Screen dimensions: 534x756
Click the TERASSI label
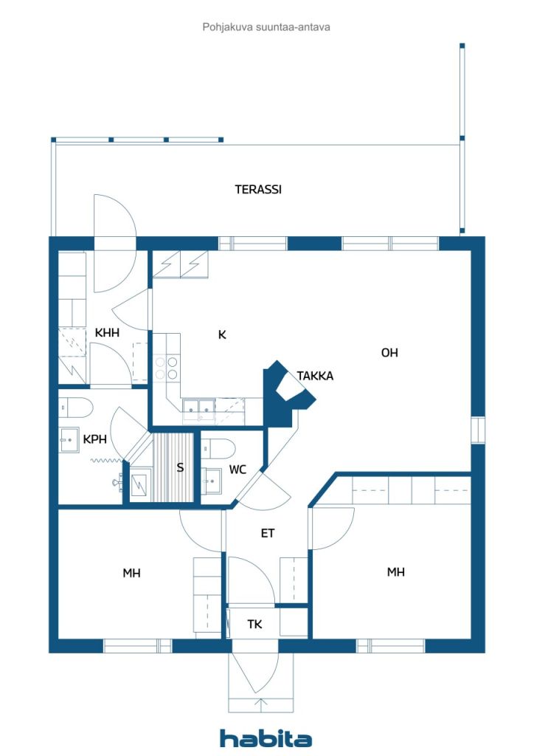pos(258,190)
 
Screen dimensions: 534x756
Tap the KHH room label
pos(107,333)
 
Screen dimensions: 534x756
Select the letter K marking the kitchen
pos(222,334)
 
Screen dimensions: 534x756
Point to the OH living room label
pos(389,353)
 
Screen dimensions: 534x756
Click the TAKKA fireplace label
pos(315,376)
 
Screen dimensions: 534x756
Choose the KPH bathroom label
pos(95,439)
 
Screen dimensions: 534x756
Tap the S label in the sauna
pos(180,467)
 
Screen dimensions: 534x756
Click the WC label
pos(237,469)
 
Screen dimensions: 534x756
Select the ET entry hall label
pos(267,533)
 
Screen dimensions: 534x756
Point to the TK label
pos(254,625)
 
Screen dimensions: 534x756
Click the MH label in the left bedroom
pos(131,573)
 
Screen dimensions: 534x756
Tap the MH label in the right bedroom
pos(396,572)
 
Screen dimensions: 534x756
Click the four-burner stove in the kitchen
pos(166,368)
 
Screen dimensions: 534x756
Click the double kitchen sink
pos(198,408)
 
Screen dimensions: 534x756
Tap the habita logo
pos(266,738)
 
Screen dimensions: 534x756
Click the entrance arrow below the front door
pos(260,704)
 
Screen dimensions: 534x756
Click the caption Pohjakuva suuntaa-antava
pos(266,27)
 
